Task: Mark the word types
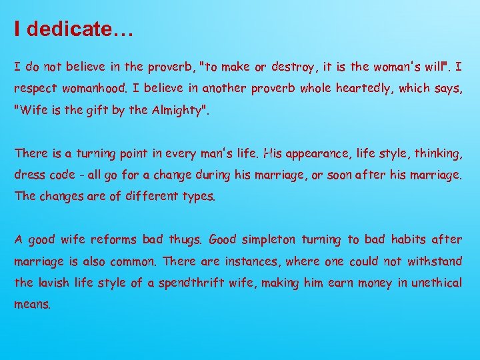198,196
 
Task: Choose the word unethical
436,283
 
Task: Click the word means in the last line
32,305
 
